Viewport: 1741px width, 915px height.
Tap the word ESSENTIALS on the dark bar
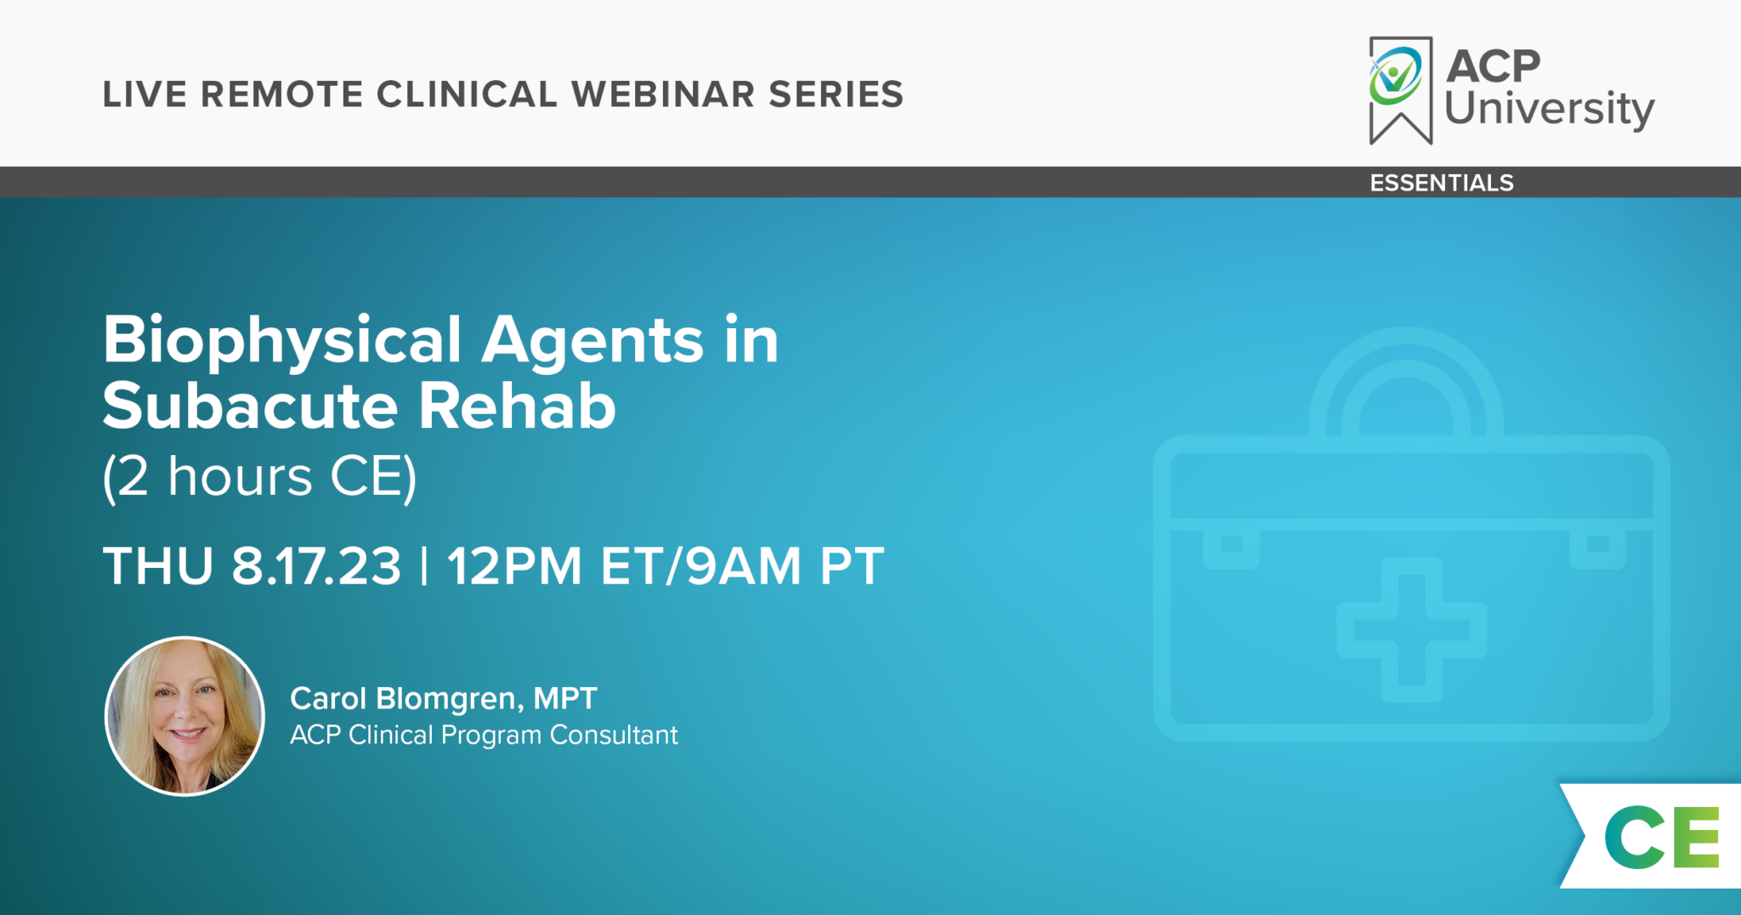click(1442, 183)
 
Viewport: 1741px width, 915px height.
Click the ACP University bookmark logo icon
click(1399, 88)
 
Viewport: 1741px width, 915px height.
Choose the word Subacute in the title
click(250, 406)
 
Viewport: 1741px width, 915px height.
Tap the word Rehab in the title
click(517, 406)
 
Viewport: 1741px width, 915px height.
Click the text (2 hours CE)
click(259, 476)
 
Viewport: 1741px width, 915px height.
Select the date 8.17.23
click(316, 566)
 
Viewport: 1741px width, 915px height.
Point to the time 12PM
click(514, 566)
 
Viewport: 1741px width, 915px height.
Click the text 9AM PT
click(785, 566)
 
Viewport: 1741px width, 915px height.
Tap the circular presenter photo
click(184, 716)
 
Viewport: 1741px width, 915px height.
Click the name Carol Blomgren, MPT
click(443, 698)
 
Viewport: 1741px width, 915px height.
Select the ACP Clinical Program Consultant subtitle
click(484, 735)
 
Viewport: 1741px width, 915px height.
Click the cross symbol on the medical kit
click(1411, 630)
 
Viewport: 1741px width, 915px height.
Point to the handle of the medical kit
click(1406, 374)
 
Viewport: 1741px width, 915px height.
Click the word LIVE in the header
click(145, 94)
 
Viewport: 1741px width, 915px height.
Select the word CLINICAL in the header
click(466, 94)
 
